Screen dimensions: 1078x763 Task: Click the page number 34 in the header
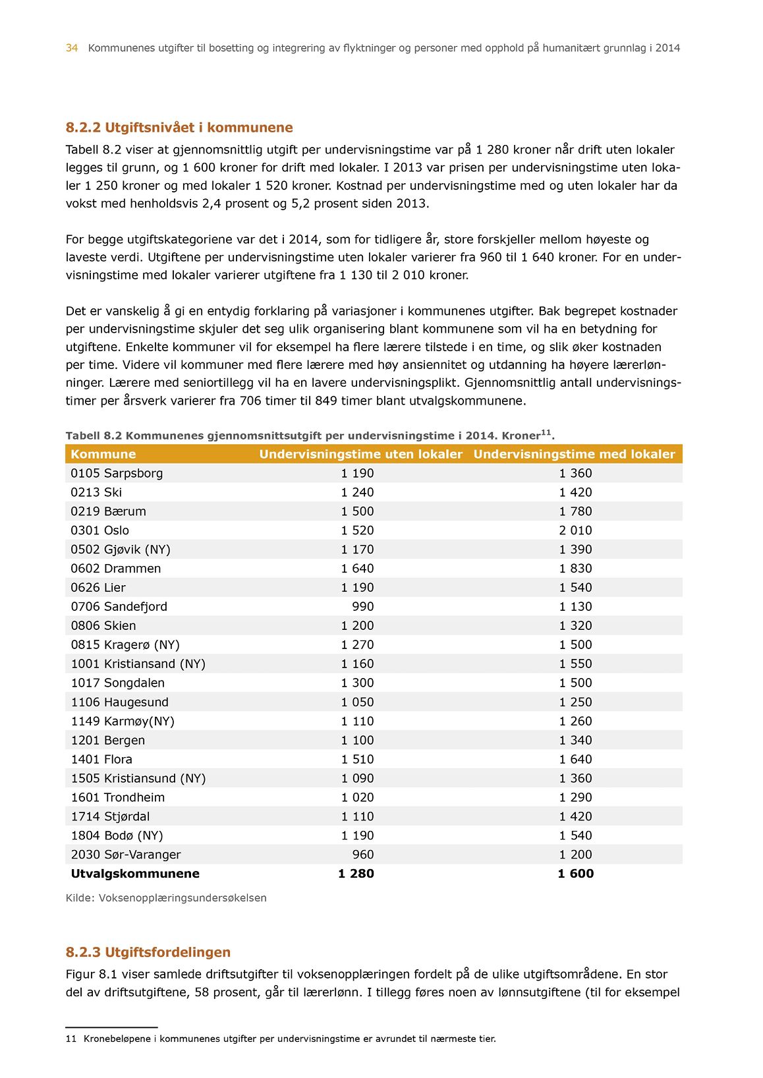coord(72,48)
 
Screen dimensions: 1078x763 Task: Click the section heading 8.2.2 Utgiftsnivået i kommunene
coord(179,128)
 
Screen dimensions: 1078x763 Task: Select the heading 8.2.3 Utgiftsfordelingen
coord(148,952)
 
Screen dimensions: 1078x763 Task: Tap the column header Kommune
coord(103,454)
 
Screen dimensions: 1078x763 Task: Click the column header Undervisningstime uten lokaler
coord(360,454)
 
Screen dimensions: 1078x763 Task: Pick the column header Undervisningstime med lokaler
coord(574,454)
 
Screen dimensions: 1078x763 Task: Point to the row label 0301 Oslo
coord(100,530)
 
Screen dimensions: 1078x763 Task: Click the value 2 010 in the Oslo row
coord(575,530)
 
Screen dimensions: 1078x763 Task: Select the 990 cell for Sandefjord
coord(362,607)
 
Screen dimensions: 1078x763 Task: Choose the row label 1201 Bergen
coord(108,741)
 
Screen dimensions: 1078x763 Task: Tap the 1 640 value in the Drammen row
coord(357,569)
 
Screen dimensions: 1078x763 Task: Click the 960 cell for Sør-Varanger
coord(362,855)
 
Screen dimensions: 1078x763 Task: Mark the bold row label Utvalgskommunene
coord(135,874)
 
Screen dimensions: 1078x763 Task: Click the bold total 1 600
coord(575,874)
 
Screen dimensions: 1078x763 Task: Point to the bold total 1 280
coord(356,874)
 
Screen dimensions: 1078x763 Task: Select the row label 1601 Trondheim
coord(118,798)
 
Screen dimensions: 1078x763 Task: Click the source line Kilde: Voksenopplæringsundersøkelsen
coord(166,898)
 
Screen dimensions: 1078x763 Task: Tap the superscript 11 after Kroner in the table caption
coord(546,432)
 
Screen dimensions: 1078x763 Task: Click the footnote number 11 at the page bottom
coord(71,1039)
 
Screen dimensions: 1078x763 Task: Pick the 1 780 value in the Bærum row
coord(575,511)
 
